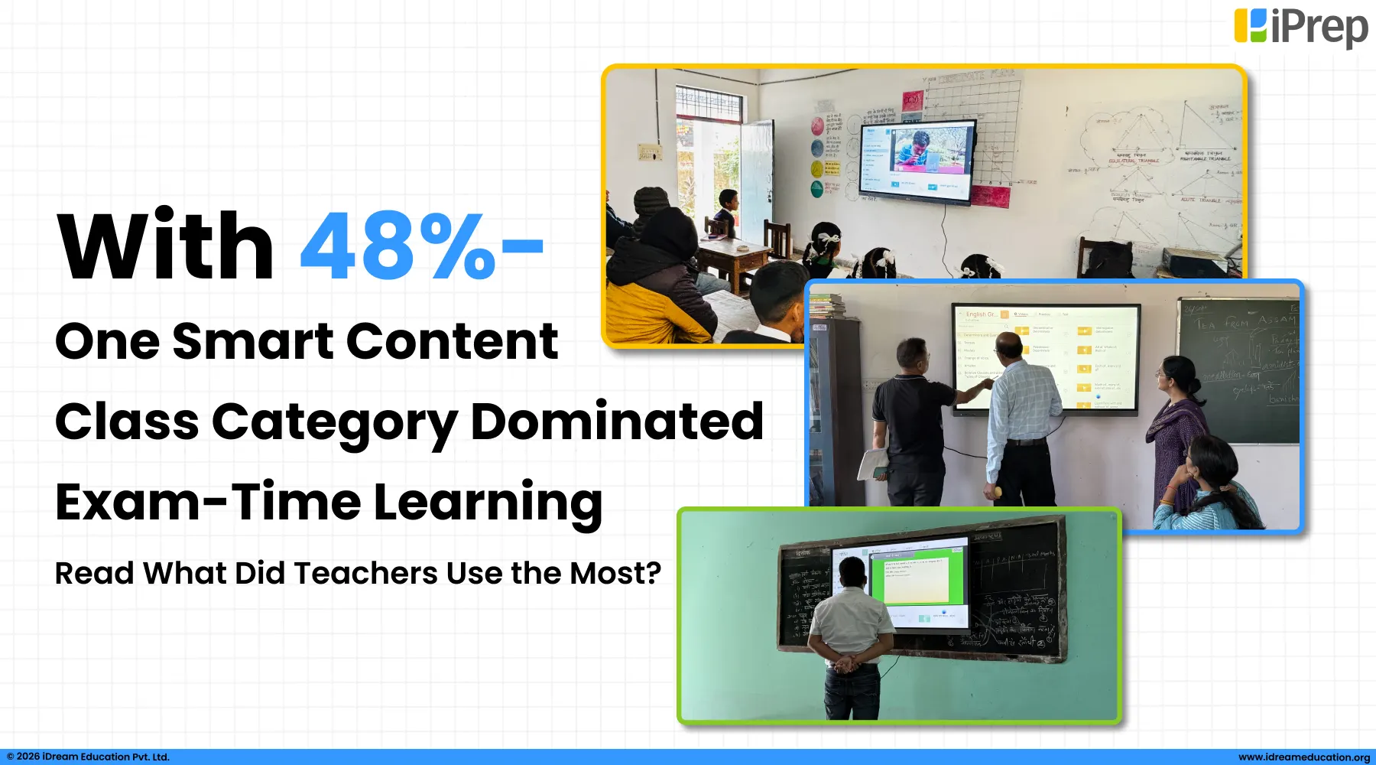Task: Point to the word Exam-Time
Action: [x=207, y=502]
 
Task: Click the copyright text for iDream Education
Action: [x=88, y=757]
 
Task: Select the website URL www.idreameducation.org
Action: [x=1303, y=757]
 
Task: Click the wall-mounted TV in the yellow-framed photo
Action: [x=917, y=161]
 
